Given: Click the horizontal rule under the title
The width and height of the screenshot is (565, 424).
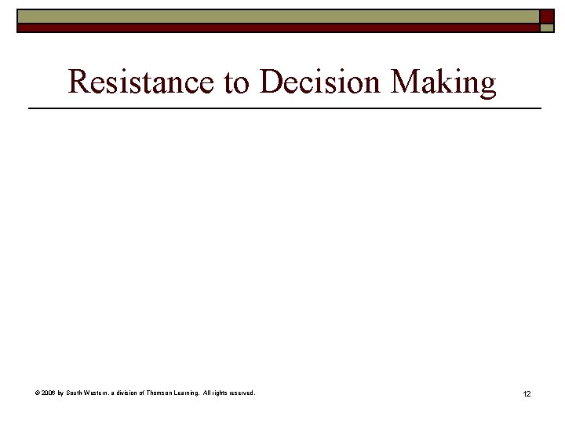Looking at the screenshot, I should (284, 107).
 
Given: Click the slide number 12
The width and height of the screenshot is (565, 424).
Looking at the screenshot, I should (527, 393).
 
